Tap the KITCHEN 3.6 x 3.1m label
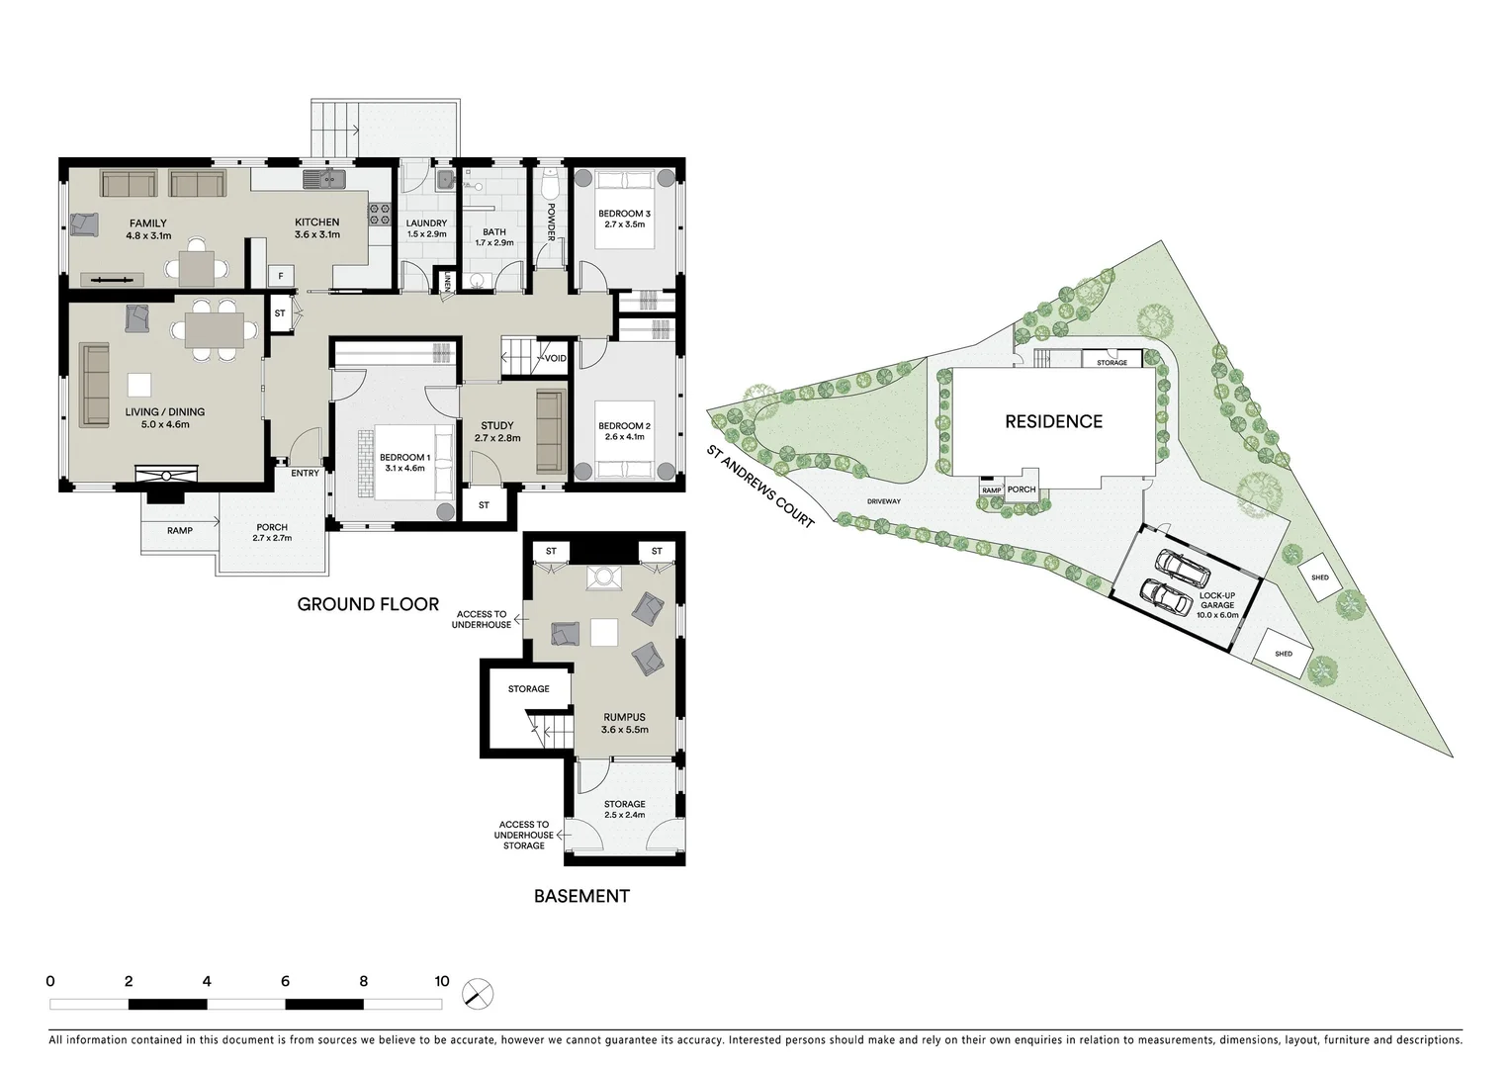[x=316, y=228]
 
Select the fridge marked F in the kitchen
[x=281, y=274]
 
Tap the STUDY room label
[x=496, y=431]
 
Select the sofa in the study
[x=550, y=432]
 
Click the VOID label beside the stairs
[x=555, y=358]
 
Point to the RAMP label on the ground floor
[x=179, y=531]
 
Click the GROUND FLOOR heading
[x=368, y=604]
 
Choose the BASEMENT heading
[x=581, y=896]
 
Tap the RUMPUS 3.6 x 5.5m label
[x=624, y=723]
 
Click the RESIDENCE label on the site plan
[x=1053, y=421]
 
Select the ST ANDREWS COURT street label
[x=759, y=486]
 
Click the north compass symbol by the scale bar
[x=477, y=994]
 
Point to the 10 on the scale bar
[x=441, y=981]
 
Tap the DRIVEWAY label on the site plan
[x=883, y=501]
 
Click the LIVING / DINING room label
[x=164, y=417]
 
